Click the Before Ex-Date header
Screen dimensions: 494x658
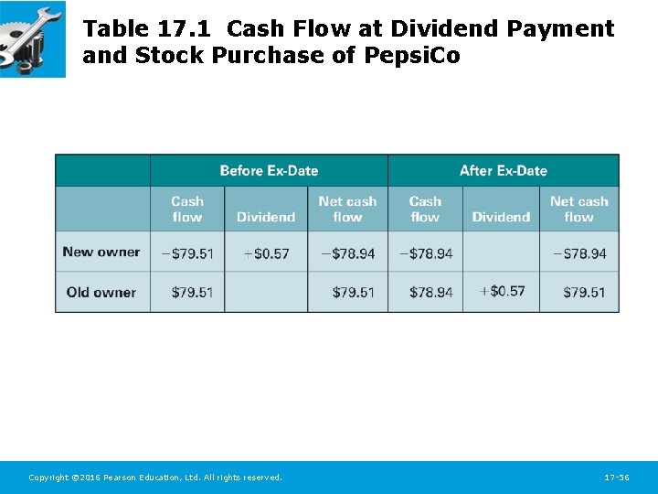pyautogui.click(x=269, y=170)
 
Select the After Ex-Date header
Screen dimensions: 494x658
pyautogui.click(x=503, y=170)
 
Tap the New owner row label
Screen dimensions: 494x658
pyautogui.click(x=101, y=252)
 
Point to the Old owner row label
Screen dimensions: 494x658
pyautogui.click(x=101, y=292)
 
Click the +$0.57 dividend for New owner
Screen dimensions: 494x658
pyautogui.click(x=266, y=252)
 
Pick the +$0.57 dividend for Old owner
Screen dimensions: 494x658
pyautogui.click(x=502, y=291)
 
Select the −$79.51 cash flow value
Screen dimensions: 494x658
pyautogui.click(x=186, y=252)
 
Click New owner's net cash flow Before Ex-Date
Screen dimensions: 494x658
pyautogui.click(x=347, y=252)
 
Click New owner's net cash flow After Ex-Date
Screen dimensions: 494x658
pyautogui.click(x=579, y=252)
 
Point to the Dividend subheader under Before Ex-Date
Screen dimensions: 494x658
pyautogui.click(x=266, y=217)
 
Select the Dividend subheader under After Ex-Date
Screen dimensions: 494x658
pyautogui.click(x=501, y=217)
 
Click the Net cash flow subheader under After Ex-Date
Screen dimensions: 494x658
pyautogui.click(x=578, y=209)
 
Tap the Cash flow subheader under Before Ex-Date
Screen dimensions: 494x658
pyautogui.click(x=187, y=209)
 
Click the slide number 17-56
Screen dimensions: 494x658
pyautogui.click(x=617, y=478)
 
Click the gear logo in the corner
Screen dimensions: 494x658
pyautogui.click(x=32, y=38)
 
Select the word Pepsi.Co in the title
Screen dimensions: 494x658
pyautogui.click(x=412, y=56)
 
